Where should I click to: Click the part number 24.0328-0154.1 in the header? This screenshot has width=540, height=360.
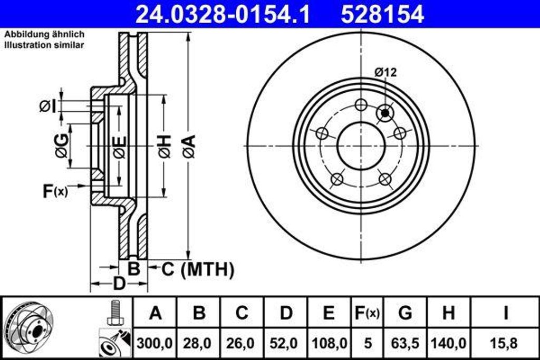point(222,15)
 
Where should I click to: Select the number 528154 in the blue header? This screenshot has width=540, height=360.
point(382,15)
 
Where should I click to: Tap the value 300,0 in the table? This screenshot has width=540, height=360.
point(155,343)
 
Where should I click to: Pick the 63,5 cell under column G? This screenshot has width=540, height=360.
point(405,343)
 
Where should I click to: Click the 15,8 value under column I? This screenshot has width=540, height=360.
point(505,343)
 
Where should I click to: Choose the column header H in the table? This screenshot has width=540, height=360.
point(448,313)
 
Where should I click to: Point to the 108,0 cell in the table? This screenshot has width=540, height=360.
point(329,343)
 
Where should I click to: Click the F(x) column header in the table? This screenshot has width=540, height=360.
point(366,313)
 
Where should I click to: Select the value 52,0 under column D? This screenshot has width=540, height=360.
point(285,343)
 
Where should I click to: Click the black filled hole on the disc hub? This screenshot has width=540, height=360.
point(385,112)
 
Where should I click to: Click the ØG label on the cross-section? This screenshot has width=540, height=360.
point(62,146)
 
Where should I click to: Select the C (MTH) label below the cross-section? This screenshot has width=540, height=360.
point(197,269)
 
